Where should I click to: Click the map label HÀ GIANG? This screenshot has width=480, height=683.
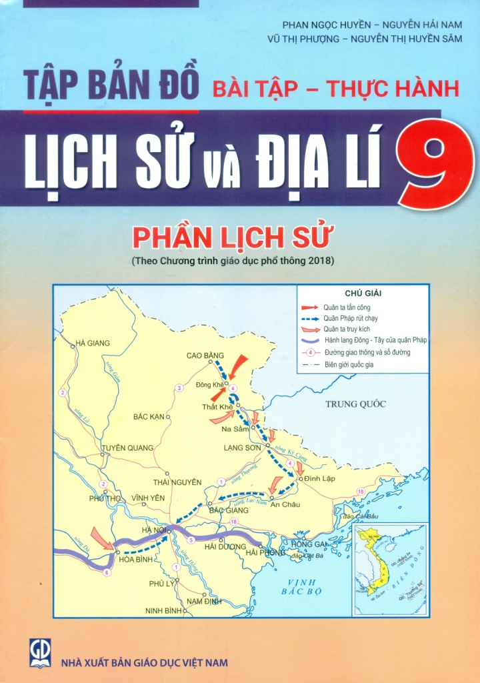93,343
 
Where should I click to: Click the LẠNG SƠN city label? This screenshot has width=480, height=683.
241,448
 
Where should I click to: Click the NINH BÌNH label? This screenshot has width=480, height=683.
163,610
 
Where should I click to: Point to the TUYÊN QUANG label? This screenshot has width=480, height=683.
127,448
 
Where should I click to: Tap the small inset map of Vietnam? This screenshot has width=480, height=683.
388,570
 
